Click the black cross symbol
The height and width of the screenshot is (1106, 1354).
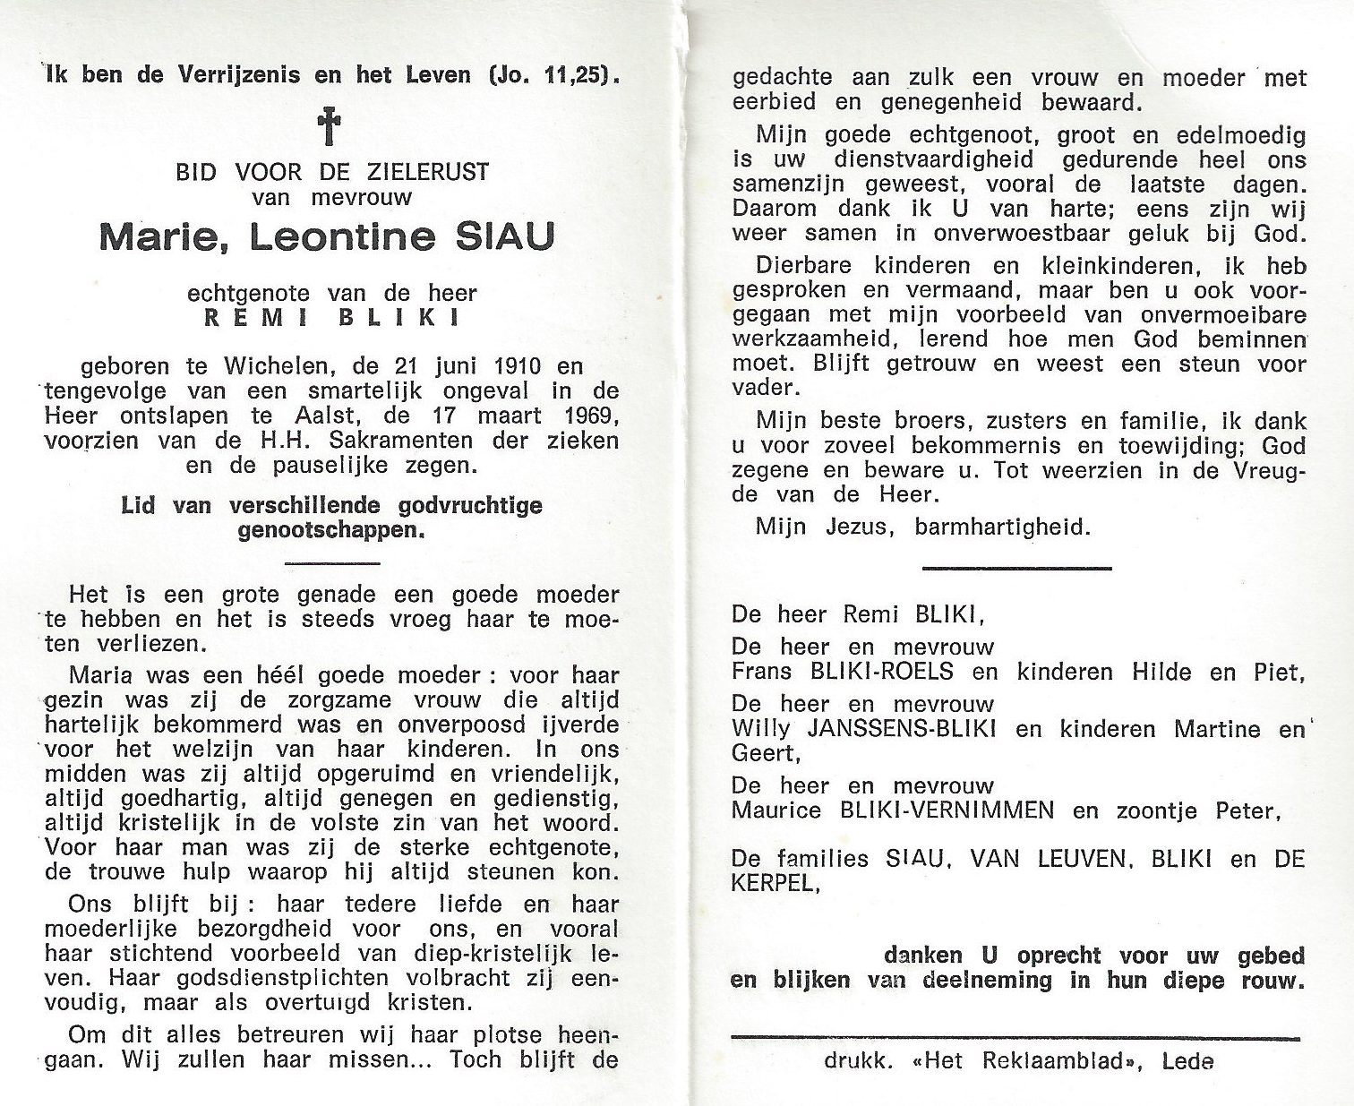330,126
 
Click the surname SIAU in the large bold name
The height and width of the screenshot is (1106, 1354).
505,236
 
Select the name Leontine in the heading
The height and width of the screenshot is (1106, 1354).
342,236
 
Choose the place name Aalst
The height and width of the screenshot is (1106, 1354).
294,416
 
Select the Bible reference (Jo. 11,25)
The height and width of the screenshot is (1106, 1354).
553,74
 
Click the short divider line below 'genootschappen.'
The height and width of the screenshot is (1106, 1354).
331,563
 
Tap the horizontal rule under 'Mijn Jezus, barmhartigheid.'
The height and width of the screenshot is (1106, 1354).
1016,568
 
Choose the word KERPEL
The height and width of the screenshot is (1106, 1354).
774,883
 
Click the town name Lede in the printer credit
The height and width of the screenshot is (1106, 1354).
1187,1061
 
